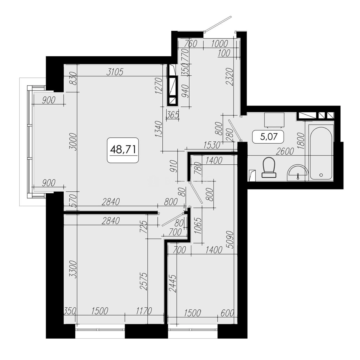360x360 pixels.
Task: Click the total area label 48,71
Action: click(123, 150)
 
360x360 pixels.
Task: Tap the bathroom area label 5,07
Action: click(268, 137)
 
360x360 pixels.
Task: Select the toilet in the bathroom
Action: click(269, 167)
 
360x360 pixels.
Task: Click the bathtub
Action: click(321, 153)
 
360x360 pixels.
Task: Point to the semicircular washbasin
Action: click(298, 172)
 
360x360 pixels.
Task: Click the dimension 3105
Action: click(115, 72)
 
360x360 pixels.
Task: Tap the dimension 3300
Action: click(73, 270)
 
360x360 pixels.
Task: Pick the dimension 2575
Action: click(143, 281)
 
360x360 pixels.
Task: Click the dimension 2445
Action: click(173, 284)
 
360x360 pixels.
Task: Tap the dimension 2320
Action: click(230, 77)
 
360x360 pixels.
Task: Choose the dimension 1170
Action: click(144, 311)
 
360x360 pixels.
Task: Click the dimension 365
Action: click(173, 115)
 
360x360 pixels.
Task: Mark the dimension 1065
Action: click(198, 225)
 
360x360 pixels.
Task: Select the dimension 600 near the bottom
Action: click(227, 313)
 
